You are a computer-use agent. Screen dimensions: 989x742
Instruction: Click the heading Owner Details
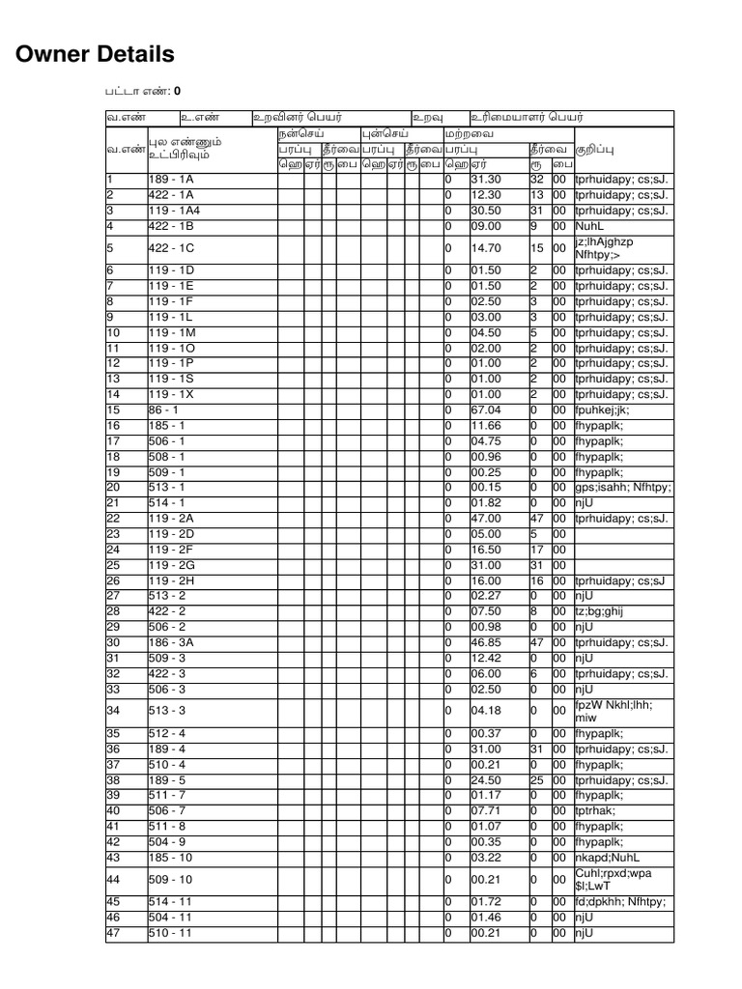(96, 54)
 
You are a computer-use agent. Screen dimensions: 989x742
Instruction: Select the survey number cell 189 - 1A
(171, 180)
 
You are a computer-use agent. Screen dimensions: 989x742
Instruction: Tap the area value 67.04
(486, 410)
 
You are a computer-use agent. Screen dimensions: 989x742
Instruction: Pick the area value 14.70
(486, 248)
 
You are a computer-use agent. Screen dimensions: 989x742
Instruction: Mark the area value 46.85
(486, 642)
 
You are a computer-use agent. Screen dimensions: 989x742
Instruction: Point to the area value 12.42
(486, 658)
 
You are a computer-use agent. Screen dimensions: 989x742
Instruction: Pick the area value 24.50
(486, 780)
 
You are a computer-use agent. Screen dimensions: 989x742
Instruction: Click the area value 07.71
(486, 811)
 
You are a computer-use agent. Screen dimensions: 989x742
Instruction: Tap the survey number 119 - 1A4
(174, 211)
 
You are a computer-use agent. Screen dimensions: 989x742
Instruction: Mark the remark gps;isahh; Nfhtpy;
(622, 488)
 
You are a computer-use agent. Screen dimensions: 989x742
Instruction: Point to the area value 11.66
(486, 426)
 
